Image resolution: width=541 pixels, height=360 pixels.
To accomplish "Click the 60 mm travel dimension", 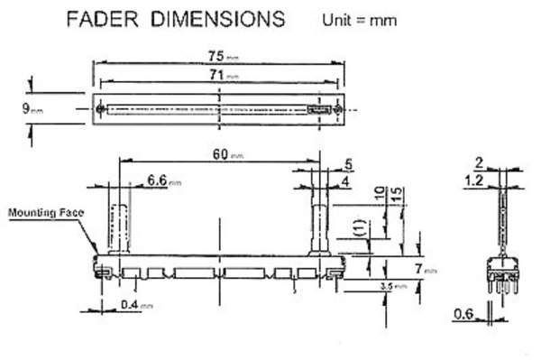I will pyautogui.click(x=220, y=155).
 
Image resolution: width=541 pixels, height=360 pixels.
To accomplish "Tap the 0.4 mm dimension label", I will pyautogui.click(x=135, y=304).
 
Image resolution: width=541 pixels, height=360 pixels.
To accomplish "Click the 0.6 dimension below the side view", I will pyautogui.click(x=465, y=314).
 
